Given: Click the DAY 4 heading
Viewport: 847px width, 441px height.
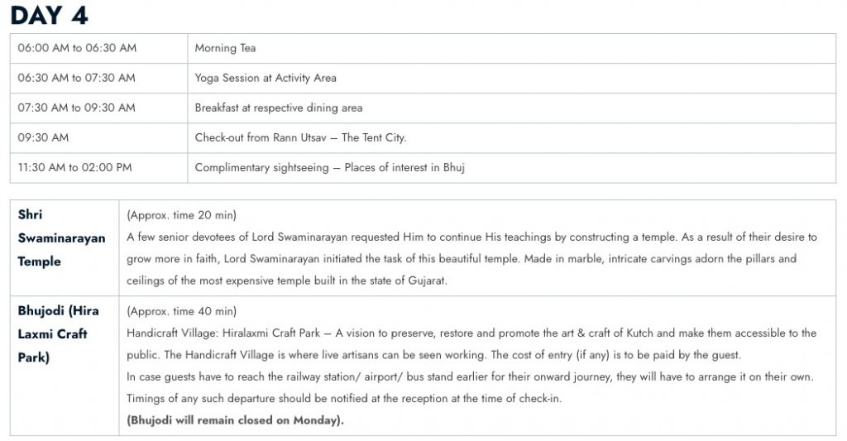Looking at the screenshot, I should tap(49, 15).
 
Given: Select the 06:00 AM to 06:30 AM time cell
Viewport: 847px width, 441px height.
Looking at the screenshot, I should tap(77, 48).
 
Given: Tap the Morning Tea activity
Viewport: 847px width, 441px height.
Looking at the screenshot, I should tap(225, 48).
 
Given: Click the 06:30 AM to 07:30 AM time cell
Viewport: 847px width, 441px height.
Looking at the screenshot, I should tap(77, 78).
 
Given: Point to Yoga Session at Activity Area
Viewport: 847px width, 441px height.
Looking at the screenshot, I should tap(266, 78).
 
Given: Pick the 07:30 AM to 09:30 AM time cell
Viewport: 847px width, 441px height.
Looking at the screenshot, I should tap(77, 108).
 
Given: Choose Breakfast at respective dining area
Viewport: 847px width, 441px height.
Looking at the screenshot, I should tap(279, 108).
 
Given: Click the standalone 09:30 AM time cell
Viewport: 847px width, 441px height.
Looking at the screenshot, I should tap(43, 137).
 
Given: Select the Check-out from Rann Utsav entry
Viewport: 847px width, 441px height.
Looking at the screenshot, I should tap(300, 137).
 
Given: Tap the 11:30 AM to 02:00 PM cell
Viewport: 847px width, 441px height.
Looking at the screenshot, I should tap(75, 167).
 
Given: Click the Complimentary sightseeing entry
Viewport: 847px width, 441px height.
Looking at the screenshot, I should tap(330, 167).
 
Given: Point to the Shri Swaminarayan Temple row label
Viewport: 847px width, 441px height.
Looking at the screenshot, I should tap(62, 238).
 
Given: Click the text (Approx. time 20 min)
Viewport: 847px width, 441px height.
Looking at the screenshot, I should tap(181, 215).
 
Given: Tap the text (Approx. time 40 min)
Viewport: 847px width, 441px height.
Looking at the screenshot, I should tap(181, 311).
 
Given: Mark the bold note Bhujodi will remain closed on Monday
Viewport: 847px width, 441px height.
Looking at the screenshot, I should tap(235, 419).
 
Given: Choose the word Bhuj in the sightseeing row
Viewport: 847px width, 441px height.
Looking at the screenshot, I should tap(453, 167).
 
